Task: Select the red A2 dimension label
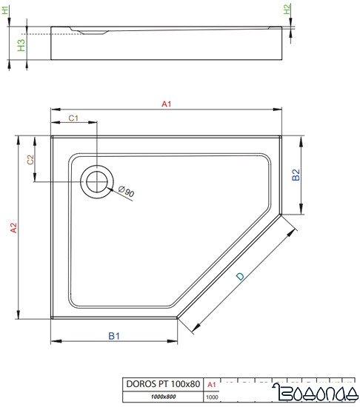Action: pyautogui.click(x=13, y=229)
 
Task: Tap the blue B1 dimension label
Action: pyautogui.click(x=114, y=336)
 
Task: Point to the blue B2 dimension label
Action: pyautogui.click(x=294, y=175)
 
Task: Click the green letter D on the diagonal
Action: pyautogui.click(x=239, y=276)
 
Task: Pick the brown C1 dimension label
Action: pyautogui.click(x=74, y=118)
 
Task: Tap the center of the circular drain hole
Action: pyautogui.click(x=97, y=181)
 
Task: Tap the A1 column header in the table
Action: pyautogui.click(x=211, y=383)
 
